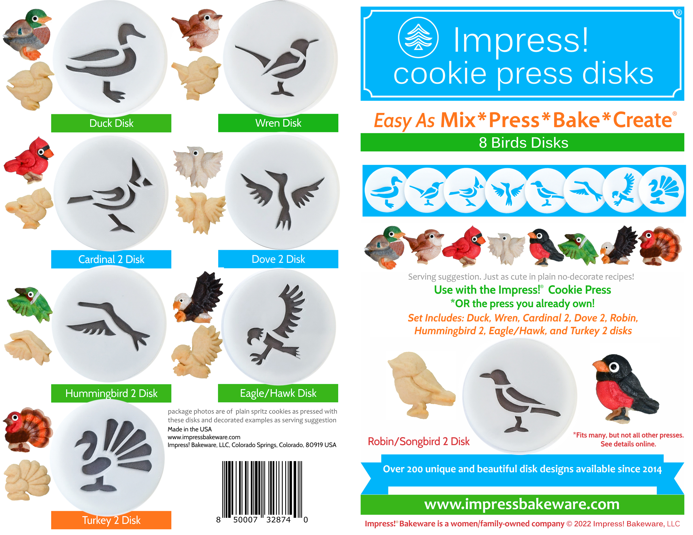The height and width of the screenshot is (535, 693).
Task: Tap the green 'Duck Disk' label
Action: coord(111,123)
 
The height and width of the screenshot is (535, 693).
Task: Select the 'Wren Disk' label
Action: coord(278,123)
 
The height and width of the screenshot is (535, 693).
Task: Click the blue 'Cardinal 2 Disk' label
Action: coord(111,259)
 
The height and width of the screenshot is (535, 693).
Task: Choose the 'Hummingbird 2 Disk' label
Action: coord(111,393)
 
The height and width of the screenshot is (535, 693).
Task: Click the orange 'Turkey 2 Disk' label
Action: coord(111,520)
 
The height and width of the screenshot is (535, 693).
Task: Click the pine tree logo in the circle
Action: coord(419,38)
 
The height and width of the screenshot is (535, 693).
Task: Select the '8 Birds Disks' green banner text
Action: coord(524,143)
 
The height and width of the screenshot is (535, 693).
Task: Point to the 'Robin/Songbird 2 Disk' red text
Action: coord(419,441)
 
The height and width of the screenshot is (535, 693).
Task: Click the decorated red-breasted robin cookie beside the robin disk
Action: coord(623,388)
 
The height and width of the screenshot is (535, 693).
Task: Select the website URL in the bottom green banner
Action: coord(522,504)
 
